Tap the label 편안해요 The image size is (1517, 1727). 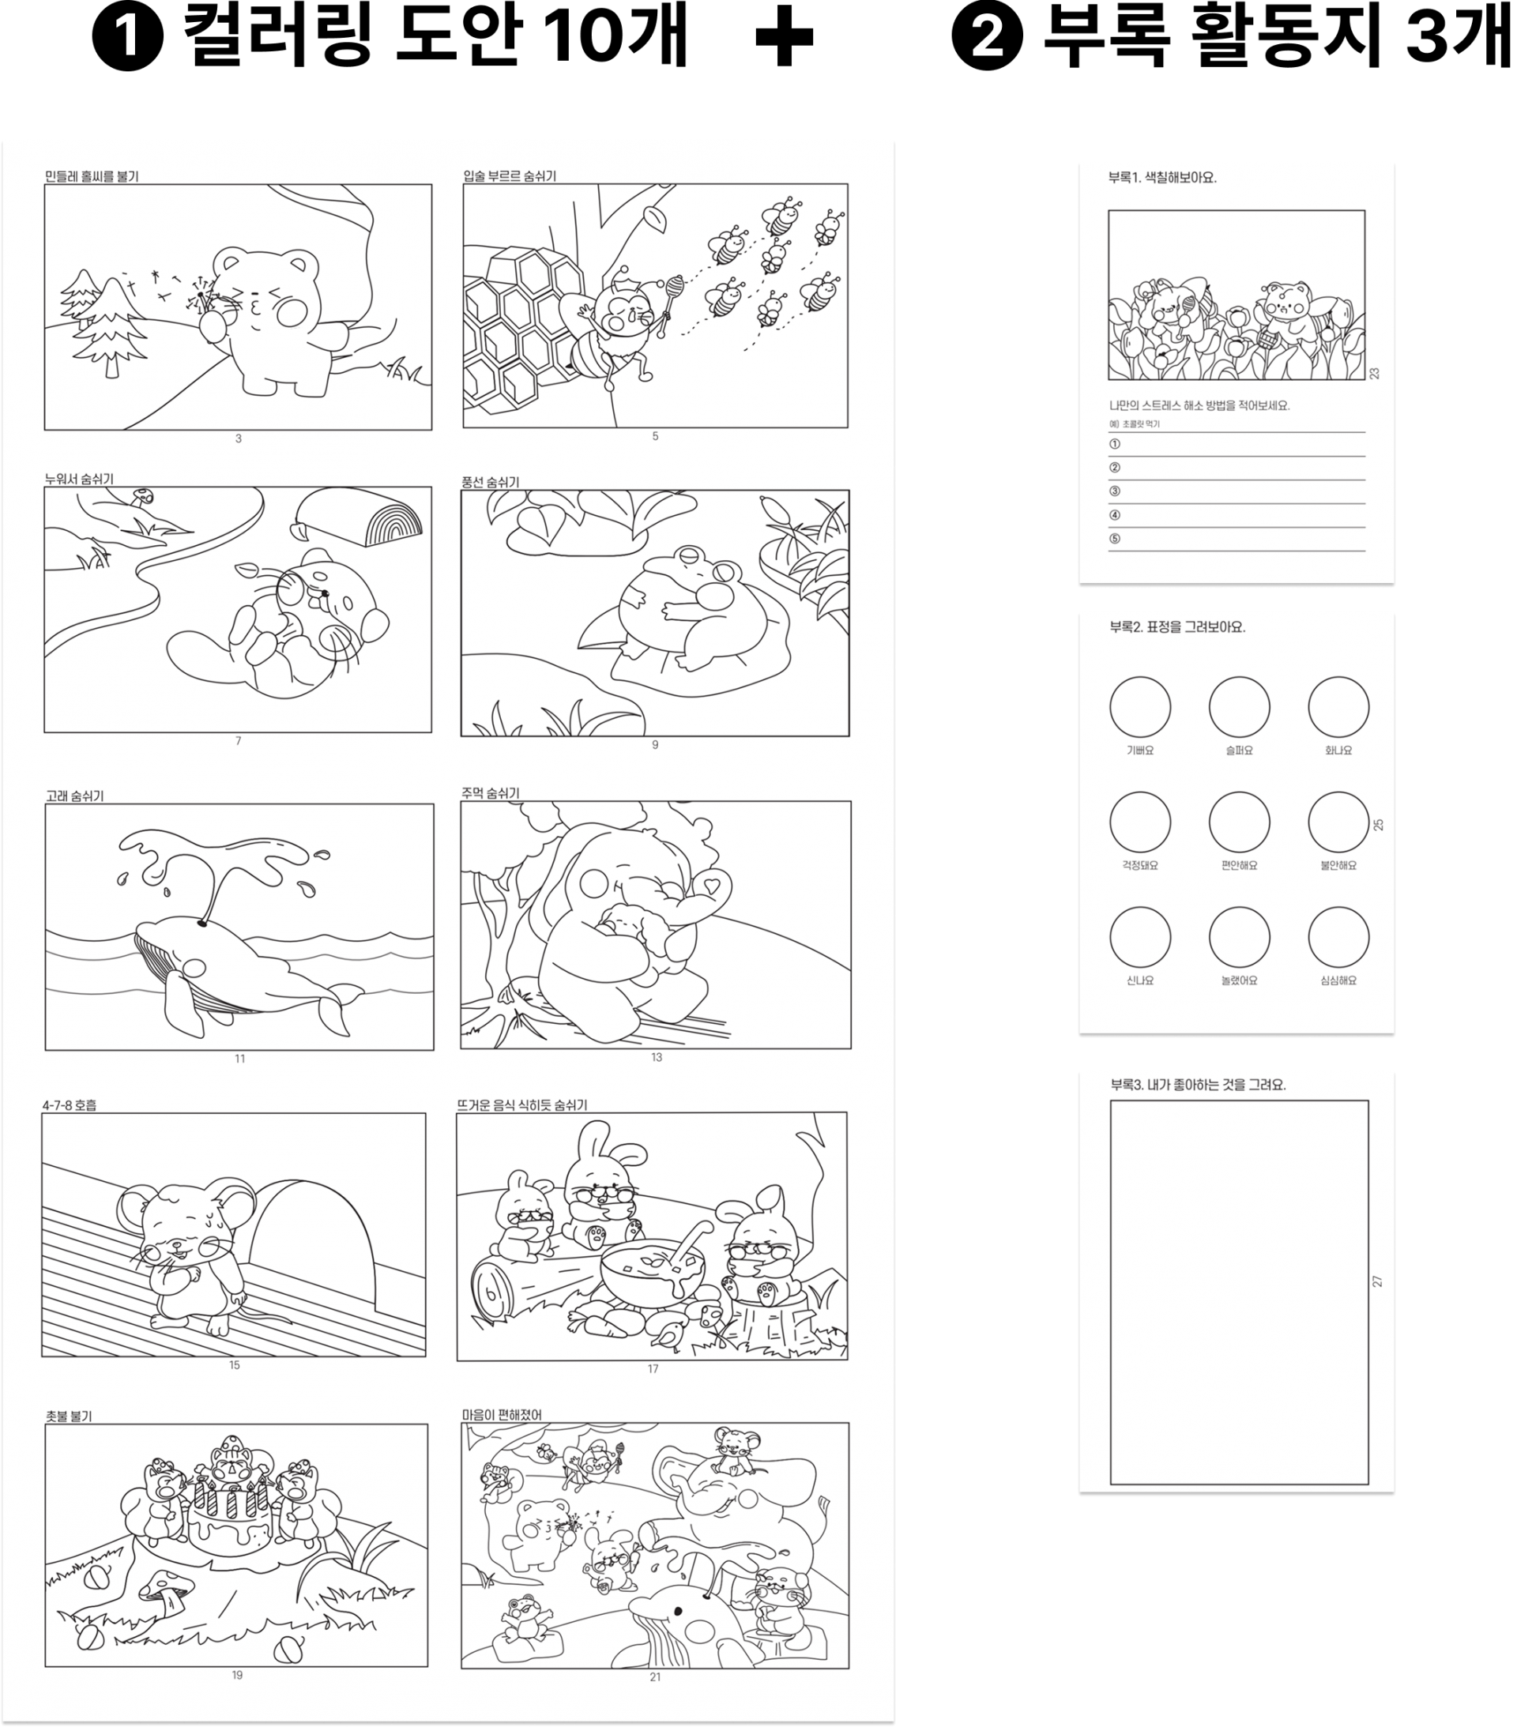click(1239, 865)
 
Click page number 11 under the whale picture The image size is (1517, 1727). click(240, 1058)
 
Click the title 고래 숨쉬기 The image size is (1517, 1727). click(74, 795)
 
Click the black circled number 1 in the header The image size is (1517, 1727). click(128, 38)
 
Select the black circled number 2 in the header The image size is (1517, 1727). click(986, 38)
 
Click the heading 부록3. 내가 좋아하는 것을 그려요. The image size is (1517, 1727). click(1198, 1084)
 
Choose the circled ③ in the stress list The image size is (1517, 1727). click(1114, 491)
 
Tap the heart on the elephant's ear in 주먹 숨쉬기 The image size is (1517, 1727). click(712, 886)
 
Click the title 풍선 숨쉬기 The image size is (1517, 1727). click(490, 482)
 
